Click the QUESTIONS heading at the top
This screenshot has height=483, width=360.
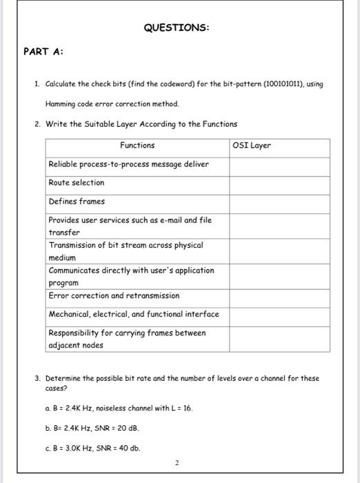176,28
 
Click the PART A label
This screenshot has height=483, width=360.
43,51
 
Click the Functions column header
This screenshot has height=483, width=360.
137,146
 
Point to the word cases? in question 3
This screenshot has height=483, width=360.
56,388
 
